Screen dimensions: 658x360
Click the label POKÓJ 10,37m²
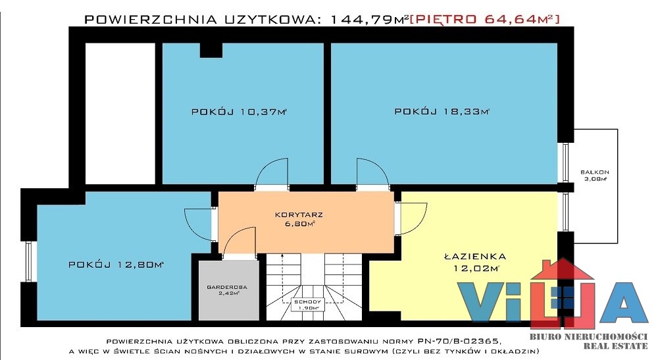[x=239, y=112]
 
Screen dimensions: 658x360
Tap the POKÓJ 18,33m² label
[x=442, y=111]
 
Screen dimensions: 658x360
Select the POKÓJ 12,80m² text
[x=116, y=265]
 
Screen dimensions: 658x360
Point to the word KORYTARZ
[x=299, y=215]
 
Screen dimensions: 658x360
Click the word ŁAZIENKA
[x=475, y=256]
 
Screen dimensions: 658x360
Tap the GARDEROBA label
[x=227, y=287]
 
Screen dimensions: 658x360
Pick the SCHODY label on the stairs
[x=307, y=301]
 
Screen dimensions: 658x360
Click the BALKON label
[x=595, y=172]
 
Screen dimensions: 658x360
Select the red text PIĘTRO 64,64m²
[x=484, y=19]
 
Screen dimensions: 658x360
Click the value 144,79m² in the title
[x=369, y=19]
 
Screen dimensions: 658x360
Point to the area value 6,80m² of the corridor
[x=299, y=224]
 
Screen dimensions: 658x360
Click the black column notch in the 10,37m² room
[x=211, y=50]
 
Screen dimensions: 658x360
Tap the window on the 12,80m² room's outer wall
[x=28, y=261]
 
